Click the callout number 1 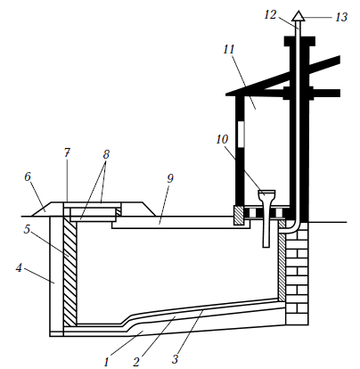107,362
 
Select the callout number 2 136,362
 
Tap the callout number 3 175,359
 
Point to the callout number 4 19,268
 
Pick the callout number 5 28,229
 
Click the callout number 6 28,176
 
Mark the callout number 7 68,153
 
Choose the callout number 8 106,154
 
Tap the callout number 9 170,178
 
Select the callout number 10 222,139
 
